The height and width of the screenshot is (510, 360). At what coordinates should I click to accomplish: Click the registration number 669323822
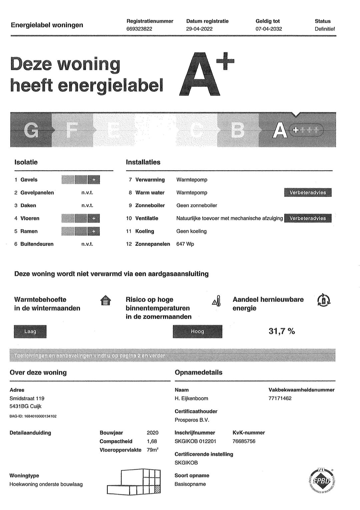pos(139,29)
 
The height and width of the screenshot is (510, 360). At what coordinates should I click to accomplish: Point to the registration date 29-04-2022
pos(199,29)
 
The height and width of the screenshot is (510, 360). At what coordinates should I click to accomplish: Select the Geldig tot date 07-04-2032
pos(269,29)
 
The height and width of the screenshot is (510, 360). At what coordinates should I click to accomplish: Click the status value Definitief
pos(325,29)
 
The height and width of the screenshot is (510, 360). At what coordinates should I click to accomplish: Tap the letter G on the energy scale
pos(31,130)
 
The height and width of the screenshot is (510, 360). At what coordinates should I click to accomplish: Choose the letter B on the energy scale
pos(237,130)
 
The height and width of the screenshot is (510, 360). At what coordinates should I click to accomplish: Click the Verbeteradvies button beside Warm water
pos(308,192)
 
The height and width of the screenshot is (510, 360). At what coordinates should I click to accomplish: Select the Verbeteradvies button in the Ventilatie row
pos(308,218)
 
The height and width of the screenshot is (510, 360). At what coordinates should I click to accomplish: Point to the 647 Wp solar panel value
pos(185,244)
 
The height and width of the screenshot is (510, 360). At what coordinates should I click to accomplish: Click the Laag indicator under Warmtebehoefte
pos(30,332)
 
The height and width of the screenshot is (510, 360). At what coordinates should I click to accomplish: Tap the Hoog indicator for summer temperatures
pos(197,332)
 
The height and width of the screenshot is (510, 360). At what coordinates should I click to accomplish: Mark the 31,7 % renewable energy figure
pos(282,331)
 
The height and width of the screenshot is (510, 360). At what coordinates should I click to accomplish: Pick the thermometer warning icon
pos(217,301)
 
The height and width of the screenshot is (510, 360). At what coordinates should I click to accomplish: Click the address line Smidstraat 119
pos(27,399)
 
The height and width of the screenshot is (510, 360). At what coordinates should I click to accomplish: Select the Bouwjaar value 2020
pos(153,433)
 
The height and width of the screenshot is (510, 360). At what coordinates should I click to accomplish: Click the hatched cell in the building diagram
pos(157,490)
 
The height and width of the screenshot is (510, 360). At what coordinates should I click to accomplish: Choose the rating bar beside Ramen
pos(81,231)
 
